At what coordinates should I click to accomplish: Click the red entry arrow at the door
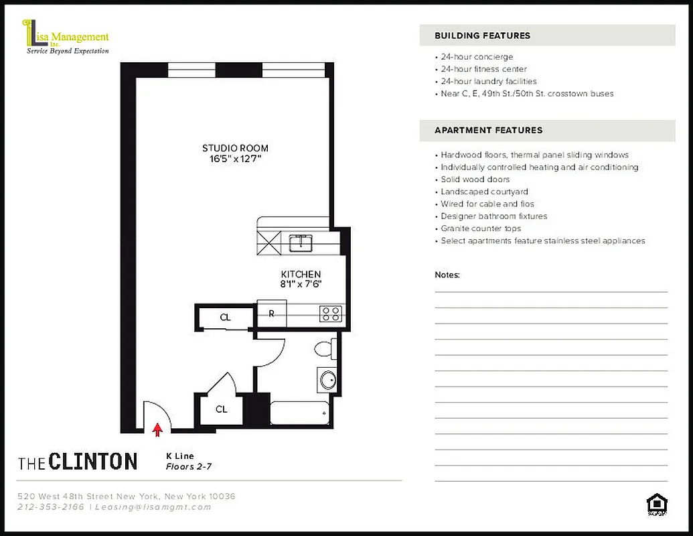(158, 429)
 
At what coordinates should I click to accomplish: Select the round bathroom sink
(327, 380)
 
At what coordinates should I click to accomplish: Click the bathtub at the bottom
(299, 413)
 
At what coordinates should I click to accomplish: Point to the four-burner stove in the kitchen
(331, 313)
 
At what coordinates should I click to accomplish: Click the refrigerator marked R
(272, 313)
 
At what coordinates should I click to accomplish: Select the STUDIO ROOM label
(235, 148)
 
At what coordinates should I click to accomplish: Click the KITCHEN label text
(301, 274)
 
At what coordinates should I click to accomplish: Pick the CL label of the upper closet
(226, 318)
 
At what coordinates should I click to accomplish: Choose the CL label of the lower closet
(222, 409)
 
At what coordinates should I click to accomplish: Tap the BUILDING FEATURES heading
(482, 36)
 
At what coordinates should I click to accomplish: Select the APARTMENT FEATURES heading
(488, 130)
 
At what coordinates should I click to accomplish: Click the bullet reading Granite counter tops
(481, 228)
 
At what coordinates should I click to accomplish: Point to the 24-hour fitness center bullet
(483, 69)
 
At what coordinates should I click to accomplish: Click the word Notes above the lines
(447, 275)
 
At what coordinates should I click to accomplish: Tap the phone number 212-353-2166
(51, 507)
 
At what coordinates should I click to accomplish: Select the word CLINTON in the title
(93, 462)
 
